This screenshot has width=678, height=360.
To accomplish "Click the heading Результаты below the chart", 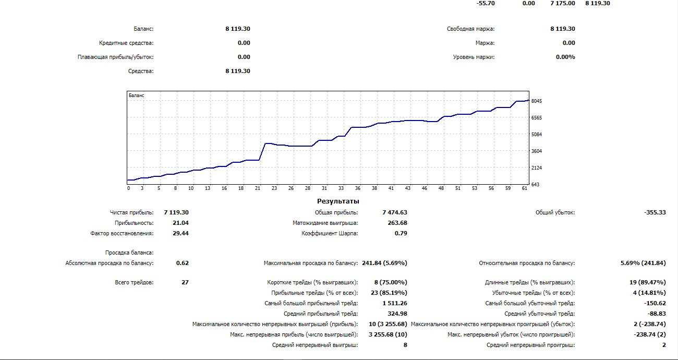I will (x=338, y=201).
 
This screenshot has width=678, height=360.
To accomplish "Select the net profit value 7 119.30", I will (x=176, y=212).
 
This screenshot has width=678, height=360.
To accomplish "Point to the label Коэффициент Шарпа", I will (x=330, y=233).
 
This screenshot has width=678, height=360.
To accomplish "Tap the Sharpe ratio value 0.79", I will (x=401, y=233).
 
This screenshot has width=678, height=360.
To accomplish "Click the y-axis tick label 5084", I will (x=537, y=135).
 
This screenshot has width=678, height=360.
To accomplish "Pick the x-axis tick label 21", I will (x=257, y=188).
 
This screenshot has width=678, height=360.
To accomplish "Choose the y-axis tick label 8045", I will (x=537, y=101).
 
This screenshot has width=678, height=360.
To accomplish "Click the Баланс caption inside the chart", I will (x=136, y=95).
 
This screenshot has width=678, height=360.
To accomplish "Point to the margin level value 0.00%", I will (x=565, y=57).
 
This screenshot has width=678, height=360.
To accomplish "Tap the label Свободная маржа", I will (x=470, y=29).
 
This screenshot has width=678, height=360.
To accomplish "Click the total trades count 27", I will (x=184, y=282).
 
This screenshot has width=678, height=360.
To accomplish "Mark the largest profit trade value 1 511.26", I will (x=395, y=303).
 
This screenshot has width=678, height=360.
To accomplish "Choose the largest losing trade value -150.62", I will (x=655, y=303).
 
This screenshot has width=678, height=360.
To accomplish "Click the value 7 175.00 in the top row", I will (x=563, y=3).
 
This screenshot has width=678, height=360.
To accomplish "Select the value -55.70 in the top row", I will (x=486, y=3).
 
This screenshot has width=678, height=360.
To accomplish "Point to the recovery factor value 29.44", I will (x=180, y=233).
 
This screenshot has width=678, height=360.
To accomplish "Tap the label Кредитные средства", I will (x=126, y=43).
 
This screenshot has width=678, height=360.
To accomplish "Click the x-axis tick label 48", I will (x=441, y=188).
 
